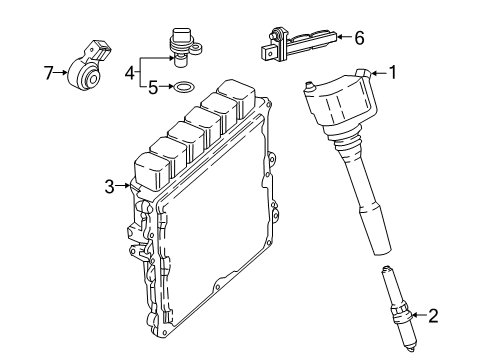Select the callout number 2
pos(432,317)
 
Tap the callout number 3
pos(110,184)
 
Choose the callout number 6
pos(359,38)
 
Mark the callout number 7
pos(48,71)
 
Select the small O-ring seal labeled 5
pos(185,88)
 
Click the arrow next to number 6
pos(340,38)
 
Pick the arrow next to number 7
pos(60,71)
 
